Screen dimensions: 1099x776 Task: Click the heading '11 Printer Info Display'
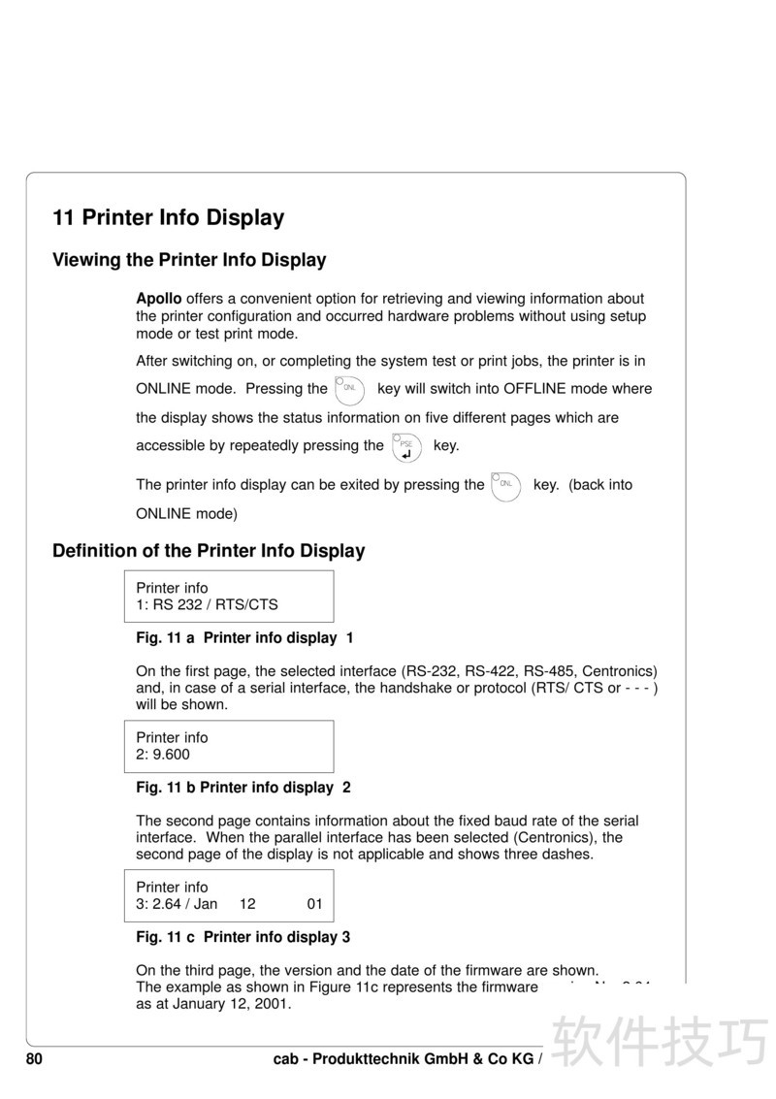pyautogui.click(x=168, y=217)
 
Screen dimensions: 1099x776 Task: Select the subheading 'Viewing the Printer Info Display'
pyautogui.click(x=189, y=260)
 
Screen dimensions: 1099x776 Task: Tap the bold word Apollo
pyautogui.click(x=158, y=299)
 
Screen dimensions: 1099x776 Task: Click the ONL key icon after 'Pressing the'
pyautogui.click(x=349, y=390)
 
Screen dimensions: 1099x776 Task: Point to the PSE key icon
pyautogui.click(x=407, y=447)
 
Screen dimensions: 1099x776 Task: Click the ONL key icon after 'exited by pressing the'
pyautogui.click(x=505, y=485)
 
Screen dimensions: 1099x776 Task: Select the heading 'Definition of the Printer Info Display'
pyautogui.click(x=209, y=551)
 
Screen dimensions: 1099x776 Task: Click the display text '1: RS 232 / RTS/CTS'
pyautogui.click(x=207, y=604)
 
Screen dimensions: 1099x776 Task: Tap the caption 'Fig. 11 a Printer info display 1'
pyautogui.click(x=244, y=638)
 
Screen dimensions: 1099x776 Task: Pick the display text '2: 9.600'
pyautogui.click(x=163, y=754)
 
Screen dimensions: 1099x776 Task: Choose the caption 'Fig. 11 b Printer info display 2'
pyautogui.click(x=242, y=788)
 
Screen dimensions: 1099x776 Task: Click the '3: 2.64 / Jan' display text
pyautogui.click(x=177, y=904)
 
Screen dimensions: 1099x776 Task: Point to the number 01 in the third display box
pyautogui.click(x=314, y=904)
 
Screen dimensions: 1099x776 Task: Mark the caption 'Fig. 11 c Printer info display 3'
pyautogui.click(x=242, y=937)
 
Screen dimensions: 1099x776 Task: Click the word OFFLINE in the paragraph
pyautogui.click(x=531, y=389)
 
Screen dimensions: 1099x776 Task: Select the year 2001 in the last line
pyautogui.click(x=273, y=1004)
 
